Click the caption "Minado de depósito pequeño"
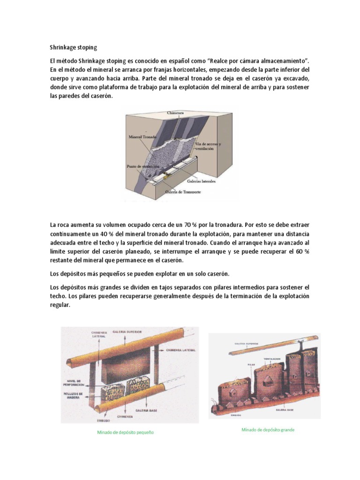(125, 432)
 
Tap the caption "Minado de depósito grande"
(268, 429)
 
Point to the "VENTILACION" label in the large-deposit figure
(271, 359)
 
